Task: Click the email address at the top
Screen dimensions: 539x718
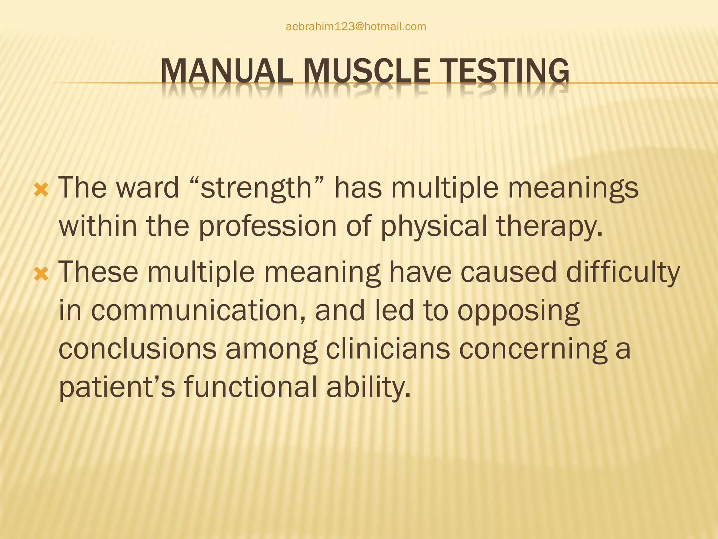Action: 356,27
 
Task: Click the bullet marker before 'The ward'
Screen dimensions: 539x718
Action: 41,191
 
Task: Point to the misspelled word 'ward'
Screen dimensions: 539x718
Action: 148,188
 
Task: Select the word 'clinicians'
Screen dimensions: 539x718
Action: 388,349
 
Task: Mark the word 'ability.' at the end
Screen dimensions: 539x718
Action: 368,387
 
